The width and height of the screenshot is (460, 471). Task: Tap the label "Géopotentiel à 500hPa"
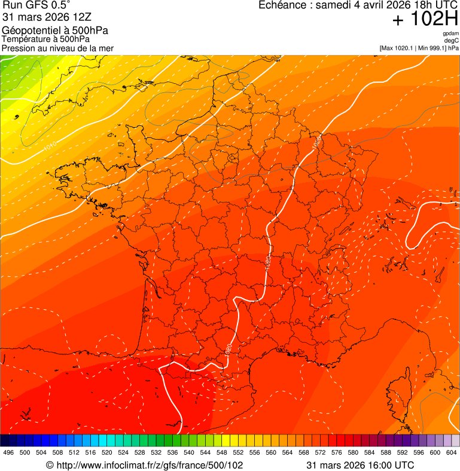55,31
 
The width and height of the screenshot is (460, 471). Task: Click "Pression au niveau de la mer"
57,48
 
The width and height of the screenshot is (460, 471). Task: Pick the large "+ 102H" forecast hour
425,19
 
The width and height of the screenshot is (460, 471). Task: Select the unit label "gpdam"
450,34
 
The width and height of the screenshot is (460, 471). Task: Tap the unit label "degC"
452,41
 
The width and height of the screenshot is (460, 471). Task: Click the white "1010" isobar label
50,144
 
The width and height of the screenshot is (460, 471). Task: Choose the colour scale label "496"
8,452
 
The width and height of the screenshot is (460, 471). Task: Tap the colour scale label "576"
338,452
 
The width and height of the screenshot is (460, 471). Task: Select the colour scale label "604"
452,452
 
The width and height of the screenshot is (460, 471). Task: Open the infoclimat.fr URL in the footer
145,465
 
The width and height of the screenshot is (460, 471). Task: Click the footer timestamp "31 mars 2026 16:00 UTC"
360,465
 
